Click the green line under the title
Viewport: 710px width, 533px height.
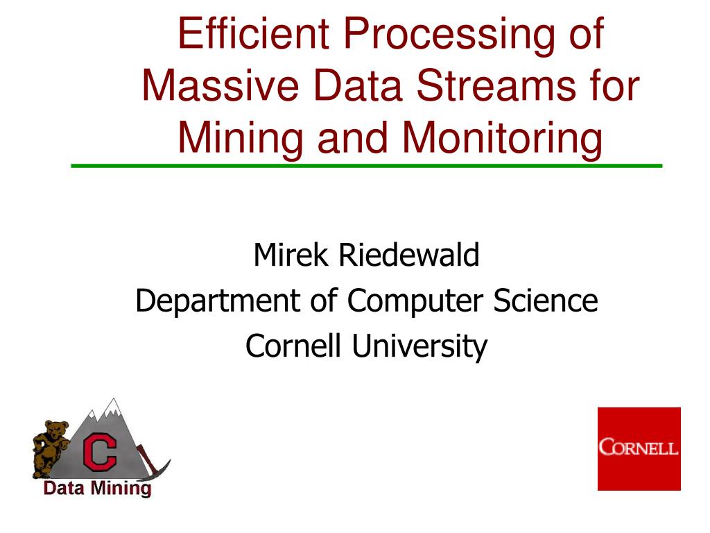[x=367, y=166]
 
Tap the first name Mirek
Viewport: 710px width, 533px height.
[x=292, y=255]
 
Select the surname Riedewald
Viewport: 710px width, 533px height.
[x=409, y=255]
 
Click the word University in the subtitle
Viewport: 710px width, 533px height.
[x=419, y=346]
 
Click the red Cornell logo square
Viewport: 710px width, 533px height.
[x=639, y=448]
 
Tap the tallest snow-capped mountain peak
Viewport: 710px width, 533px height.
[x=111, y=406]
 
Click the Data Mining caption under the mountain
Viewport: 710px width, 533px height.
[x=97, y=489]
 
